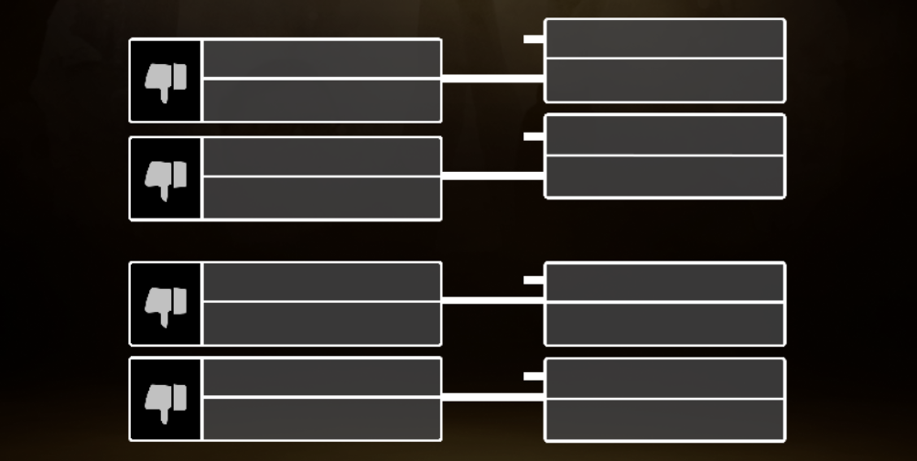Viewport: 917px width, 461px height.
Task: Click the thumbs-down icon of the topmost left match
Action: [166, 80]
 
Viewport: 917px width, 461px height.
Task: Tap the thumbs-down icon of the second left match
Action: [166, 178]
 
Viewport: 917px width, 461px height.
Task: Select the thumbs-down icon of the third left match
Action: [166, 304]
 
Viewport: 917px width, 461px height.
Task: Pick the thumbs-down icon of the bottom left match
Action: [166, 399]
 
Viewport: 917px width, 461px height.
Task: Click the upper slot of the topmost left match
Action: [321, 59]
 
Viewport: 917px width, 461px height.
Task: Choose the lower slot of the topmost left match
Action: [321, 100]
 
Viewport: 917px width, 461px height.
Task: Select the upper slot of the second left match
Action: [321, 156]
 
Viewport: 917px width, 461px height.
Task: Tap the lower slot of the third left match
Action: [321, 323]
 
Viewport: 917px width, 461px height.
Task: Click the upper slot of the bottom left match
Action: [321, 378]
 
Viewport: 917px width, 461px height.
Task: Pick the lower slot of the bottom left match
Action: [321, 418]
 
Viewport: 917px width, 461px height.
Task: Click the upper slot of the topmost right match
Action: [664, 38]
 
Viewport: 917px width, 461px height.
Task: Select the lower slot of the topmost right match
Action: [664, 80]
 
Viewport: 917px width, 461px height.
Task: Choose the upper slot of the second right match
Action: [664, 135]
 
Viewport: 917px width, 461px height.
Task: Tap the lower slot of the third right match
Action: [664, 324]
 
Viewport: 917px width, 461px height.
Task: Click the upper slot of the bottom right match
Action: [664, 379]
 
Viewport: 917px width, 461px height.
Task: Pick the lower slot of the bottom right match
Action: [664, 420]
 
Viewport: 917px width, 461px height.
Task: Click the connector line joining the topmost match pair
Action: [493, 79]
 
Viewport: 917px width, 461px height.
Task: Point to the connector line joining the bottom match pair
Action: [493, 398]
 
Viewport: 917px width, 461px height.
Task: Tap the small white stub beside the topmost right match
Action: [534, 39]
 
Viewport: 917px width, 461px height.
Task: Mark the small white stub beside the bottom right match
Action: [534, 376]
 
